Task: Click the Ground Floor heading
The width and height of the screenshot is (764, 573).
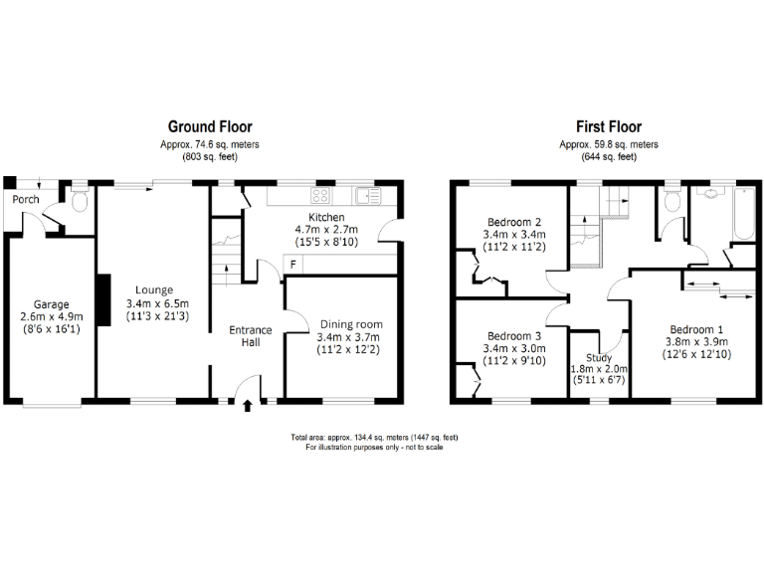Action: [x=209, y=126]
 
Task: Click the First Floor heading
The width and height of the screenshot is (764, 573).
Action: [x=608, y=126]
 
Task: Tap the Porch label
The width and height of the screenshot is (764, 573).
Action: [x=26, y=200]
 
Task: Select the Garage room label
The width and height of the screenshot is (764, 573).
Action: [x=51, y=304]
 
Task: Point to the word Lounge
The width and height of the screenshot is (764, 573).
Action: [x=154, y=289]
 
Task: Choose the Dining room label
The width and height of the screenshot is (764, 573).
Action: [x=350, y=324]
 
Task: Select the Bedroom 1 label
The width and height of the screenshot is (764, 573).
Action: [x=696, y=330]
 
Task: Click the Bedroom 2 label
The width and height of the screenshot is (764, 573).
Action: [x=513, y=221]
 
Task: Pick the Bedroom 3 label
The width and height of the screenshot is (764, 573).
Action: [x=513, y=336]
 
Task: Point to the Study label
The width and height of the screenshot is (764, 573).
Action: [x=599, y=357]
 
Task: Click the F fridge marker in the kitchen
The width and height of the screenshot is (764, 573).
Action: [x=292, y=263]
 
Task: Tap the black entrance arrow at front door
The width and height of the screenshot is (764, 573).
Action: [x=248, y=405]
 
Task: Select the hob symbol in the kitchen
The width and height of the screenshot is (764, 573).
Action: [x=322, y=195]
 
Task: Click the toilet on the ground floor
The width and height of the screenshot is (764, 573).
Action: [x=80, y=201]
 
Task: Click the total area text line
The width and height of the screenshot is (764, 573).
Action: [x=374, y=438]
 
